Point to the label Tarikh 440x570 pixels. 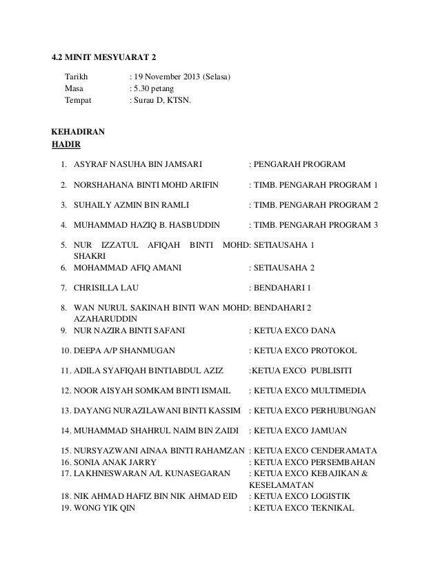pos(77,76)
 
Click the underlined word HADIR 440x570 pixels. pos(66,144)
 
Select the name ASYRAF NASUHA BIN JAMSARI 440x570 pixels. pos(138,165)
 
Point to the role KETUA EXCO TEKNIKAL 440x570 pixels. pos(304,509)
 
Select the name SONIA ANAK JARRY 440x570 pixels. pos(115,462)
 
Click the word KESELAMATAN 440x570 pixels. pos(277,485)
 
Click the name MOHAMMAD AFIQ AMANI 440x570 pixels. pos(127,267)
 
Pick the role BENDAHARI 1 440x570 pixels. pos(283,286)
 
